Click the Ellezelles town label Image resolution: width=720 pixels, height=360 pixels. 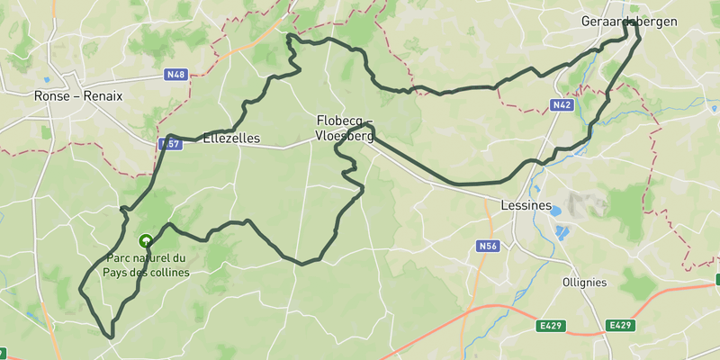(231, 139)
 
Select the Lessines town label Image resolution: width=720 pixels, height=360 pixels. (526, 205)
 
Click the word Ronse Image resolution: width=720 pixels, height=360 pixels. (51, 95)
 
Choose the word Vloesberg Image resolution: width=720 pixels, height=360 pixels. (344, 137)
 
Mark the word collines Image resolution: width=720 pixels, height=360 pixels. (168, 273)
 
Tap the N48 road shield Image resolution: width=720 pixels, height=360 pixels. (176, 75)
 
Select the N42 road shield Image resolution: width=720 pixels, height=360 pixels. (562, 105)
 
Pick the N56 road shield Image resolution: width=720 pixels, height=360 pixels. (488, 246)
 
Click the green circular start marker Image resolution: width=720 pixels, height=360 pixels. (145, 241)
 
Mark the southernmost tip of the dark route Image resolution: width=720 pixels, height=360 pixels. (112, 337)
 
